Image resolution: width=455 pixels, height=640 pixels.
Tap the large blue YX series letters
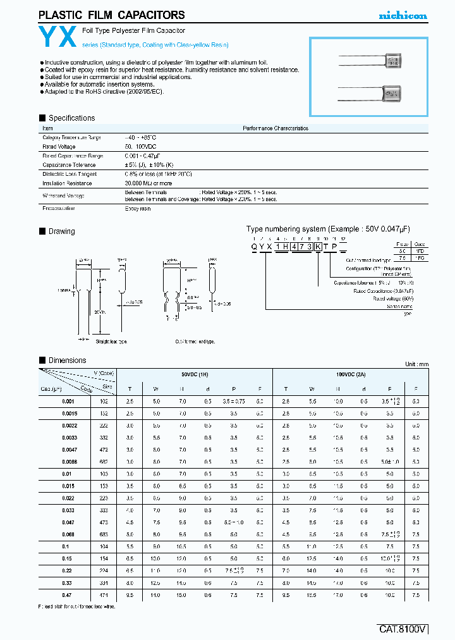(59, 38)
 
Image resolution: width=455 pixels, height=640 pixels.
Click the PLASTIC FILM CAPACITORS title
(112, 15)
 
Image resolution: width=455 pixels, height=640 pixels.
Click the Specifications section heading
(71, 118)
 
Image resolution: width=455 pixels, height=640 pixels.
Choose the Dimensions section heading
(67, 360)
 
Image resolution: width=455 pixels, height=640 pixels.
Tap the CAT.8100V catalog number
(403, 629)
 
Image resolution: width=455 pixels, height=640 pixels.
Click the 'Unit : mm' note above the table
(416, 364)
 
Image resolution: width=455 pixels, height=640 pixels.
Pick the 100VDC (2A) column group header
(349, 374)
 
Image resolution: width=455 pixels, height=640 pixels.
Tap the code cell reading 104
(104, 546)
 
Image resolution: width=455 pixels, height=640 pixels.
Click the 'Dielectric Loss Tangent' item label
(70, 173)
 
